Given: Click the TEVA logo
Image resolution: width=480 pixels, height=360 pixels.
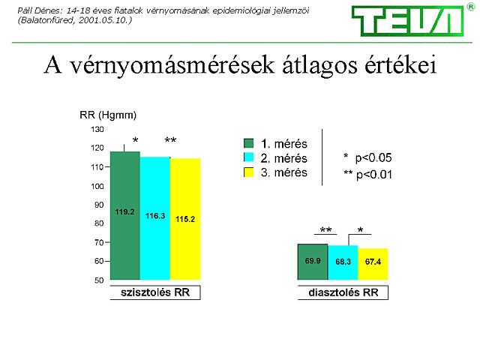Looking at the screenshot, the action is pyautogui.click(x=408, y=21).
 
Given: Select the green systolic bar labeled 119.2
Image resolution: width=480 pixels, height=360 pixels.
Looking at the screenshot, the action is pyautogui.click(x=125, y=215).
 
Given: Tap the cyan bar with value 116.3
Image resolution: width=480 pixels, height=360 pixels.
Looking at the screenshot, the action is pyautogui.click(x=155, y=218).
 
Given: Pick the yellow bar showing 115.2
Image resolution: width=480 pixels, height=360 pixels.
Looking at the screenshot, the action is pyautogui.click(x=185, y=219).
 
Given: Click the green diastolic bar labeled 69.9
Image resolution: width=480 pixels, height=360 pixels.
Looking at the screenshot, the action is pyautogui.click(x=313, y=262).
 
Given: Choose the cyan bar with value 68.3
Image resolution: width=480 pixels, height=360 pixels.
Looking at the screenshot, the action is pyautogui.click(x=343, y=262).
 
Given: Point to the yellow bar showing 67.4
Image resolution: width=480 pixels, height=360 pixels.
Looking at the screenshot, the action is pyautogui.click(x=373, y=264).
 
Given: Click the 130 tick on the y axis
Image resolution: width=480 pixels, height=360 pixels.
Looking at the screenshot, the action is pyautogui.click(x=97, y=130).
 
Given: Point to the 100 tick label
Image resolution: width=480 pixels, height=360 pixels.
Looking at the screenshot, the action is pyautogui.click(x=97, y=186).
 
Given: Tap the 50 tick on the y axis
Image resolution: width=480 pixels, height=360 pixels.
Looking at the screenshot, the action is pyautogui.click(x=99, y=280).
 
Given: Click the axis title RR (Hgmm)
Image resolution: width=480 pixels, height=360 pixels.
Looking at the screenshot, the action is pyautogui.click(x=108, y=115).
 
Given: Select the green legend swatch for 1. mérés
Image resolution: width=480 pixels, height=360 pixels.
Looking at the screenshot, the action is pyautogui.click(x=248, y=143).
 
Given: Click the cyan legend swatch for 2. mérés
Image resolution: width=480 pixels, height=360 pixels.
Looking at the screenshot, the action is pyautogui.click(x=248, y=157).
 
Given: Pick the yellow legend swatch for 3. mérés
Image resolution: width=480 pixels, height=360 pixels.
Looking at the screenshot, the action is pyautogui.click(x=248, y=172).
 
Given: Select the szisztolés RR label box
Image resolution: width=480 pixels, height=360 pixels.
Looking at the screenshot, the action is pyautogui.click(x=155, y=292).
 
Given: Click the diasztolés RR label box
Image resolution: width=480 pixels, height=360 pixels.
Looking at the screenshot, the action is pyautogui.click(x=343, y=292).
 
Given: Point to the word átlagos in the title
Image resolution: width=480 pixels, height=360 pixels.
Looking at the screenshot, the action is pyautogui.click(x=319, y=66).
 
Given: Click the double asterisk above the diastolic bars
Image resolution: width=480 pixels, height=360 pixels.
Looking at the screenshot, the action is pyautogui.click(x=325, y=229).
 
